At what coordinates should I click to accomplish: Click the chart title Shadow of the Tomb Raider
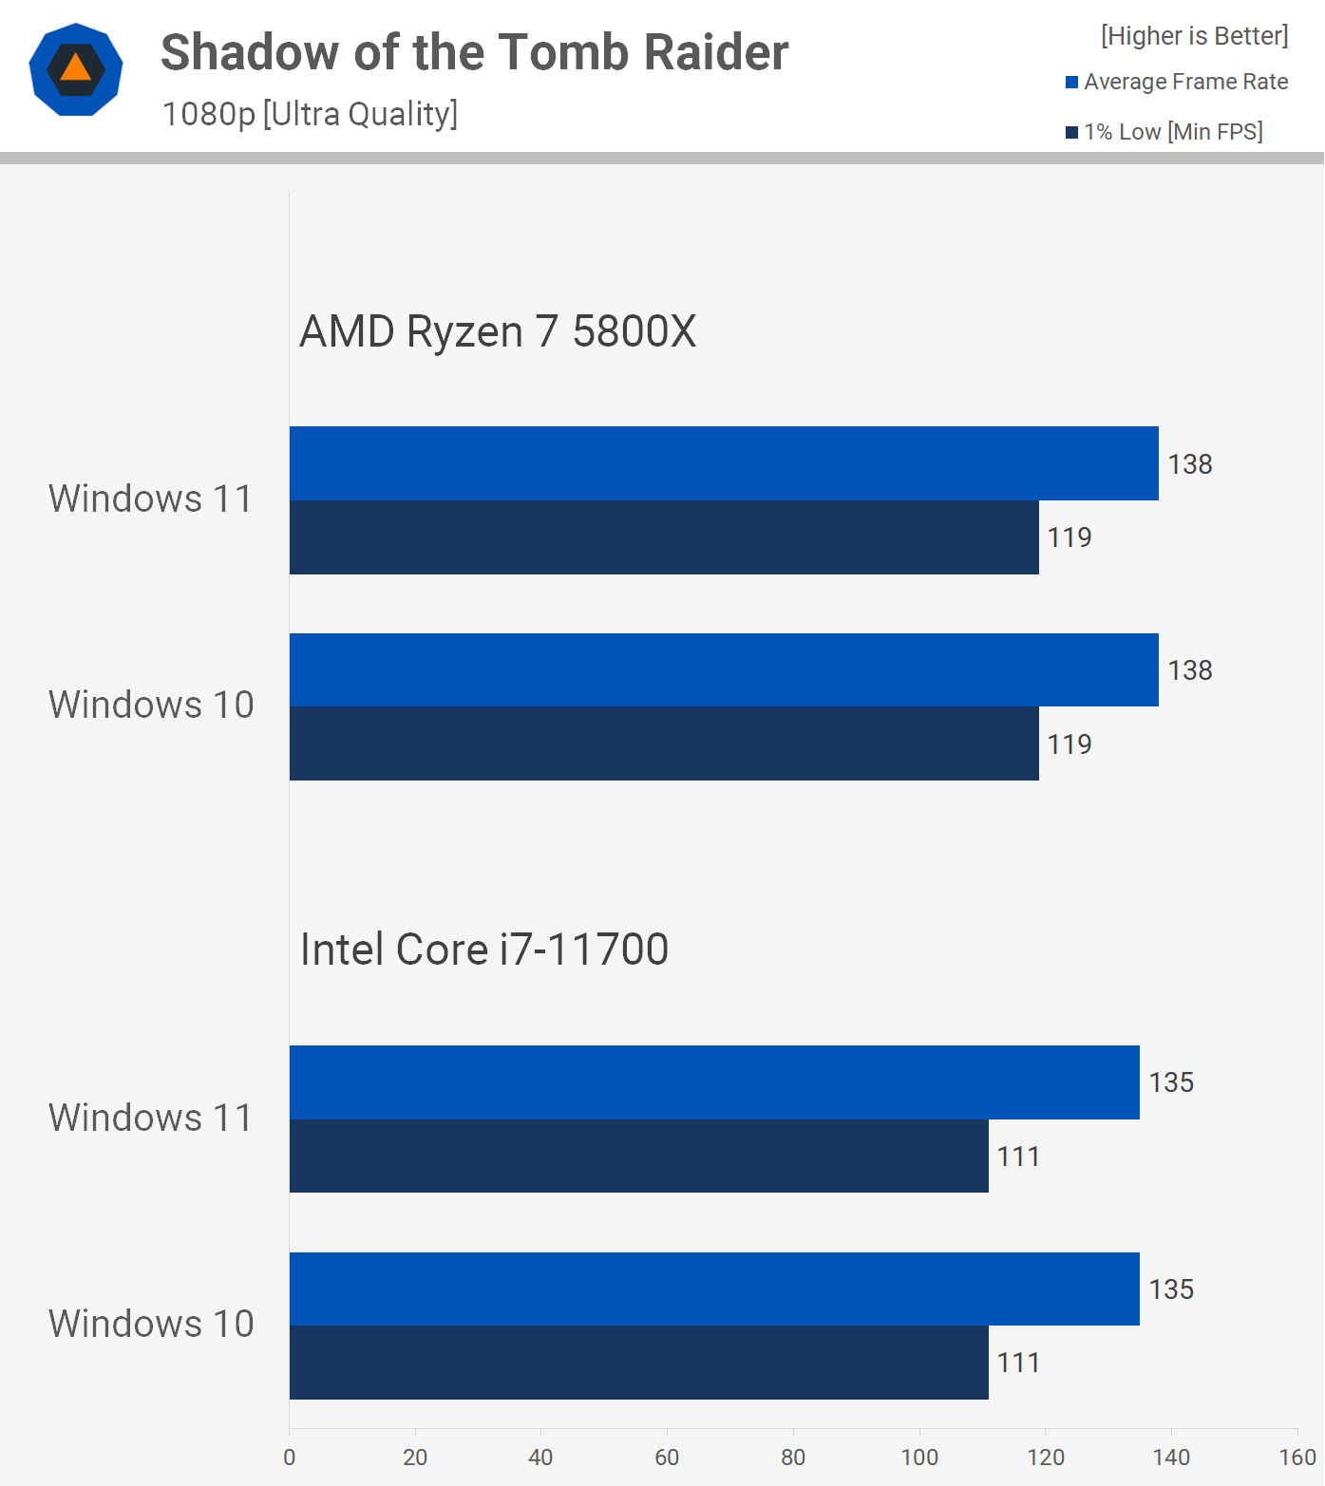(x=474, y=52)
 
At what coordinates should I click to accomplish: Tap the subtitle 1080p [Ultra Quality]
(x=310, y=114)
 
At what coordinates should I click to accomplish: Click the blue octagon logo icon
(x=76, y=69)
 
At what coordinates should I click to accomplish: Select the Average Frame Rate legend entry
(x=1177, y=83)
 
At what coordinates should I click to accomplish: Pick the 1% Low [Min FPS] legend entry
(x=1164, y=132)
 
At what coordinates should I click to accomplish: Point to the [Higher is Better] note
(x=1194, y=36)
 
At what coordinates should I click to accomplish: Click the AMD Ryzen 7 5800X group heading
(x=498, y=331)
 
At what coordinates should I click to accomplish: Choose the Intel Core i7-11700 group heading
(x=484, y=950)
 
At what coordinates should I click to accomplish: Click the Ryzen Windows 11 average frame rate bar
(x=724, y=463)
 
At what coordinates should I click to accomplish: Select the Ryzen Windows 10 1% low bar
(x=664, y=743)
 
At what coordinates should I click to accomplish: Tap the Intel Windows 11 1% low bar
(x=638, y=1157)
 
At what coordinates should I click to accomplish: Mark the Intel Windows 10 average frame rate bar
(x=714, y=1288)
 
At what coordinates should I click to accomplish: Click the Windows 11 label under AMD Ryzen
(x=151, y=499)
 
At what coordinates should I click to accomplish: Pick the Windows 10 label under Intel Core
(x=151, y=1325)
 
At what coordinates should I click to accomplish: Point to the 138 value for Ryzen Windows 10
(x=1189, y=670)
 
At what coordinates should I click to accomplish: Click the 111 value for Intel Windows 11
(x=1018, y=1157)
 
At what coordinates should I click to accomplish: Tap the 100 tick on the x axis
(x=918, y=1458)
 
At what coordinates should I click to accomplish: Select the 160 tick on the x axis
(x=1297, y=1458)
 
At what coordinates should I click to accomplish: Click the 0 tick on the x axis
(x=290, y=1458)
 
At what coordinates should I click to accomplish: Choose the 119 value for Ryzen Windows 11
(x=1069, y=537)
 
